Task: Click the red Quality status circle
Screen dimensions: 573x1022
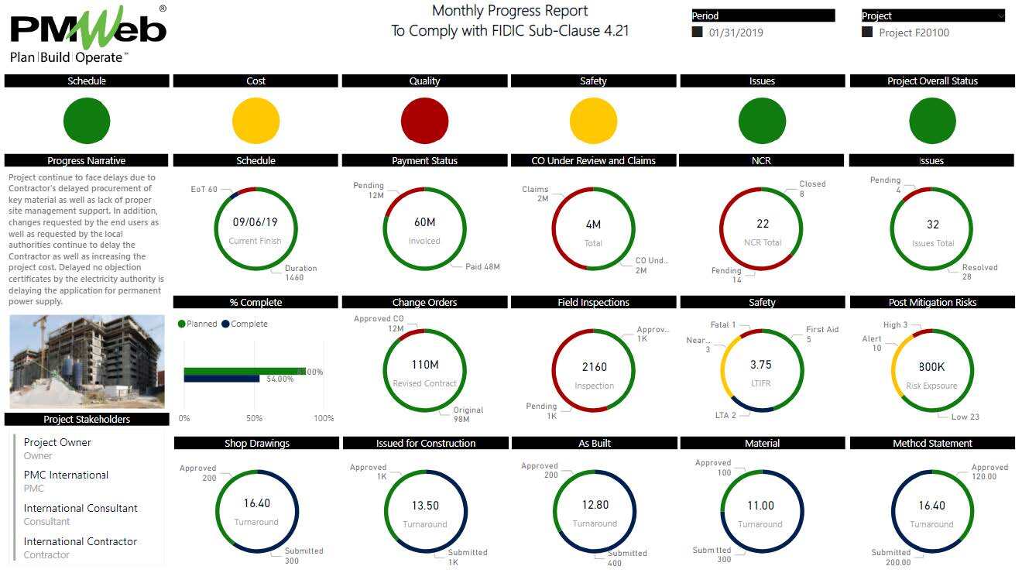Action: (x=424, y=122)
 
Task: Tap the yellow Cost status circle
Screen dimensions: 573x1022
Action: (x=256, y=122)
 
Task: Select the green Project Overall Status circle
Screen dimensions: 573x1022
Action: (x=932, y=122)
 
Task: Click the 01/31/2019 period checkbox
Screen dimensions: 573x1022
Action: (x=698, y=33)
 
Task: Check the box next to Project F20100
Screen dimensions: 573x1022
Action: (x=867, y=33)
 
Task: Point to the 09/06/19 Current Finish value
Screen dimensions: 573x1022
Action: (x=256, y=222)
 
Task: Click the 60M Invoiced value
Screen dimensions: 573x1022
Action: (x=424, y=223)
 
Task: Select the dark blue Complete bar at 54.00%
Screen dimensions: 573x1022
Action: (x=221, y=379)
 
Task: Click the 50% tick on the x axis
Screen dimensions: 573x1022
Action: (x=254, y=418)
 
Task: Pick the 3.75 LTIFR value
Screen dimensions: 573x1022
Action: (x=761, y=365)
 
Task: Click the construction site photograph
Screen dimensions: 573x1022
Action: (x=87, y=361)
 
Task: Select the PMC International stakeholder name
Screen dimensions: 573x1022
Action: (x=66, y=475)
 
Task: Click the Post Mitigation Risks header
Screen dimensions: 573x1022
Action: (x=932, y=303)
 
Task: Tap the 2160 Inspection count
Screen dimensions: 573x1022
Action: (x=594, y=367)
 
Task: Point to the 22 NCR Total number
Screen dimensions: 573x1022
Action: (x=763, y=224)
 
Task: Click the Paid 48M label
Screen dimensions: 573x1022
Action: (x=482, y=267)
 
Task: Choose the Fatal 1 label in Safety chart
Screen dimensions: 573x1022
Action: (x=723, y=325)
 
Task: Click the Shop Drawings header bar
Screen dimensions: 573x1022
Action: (x=256, y=444)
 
